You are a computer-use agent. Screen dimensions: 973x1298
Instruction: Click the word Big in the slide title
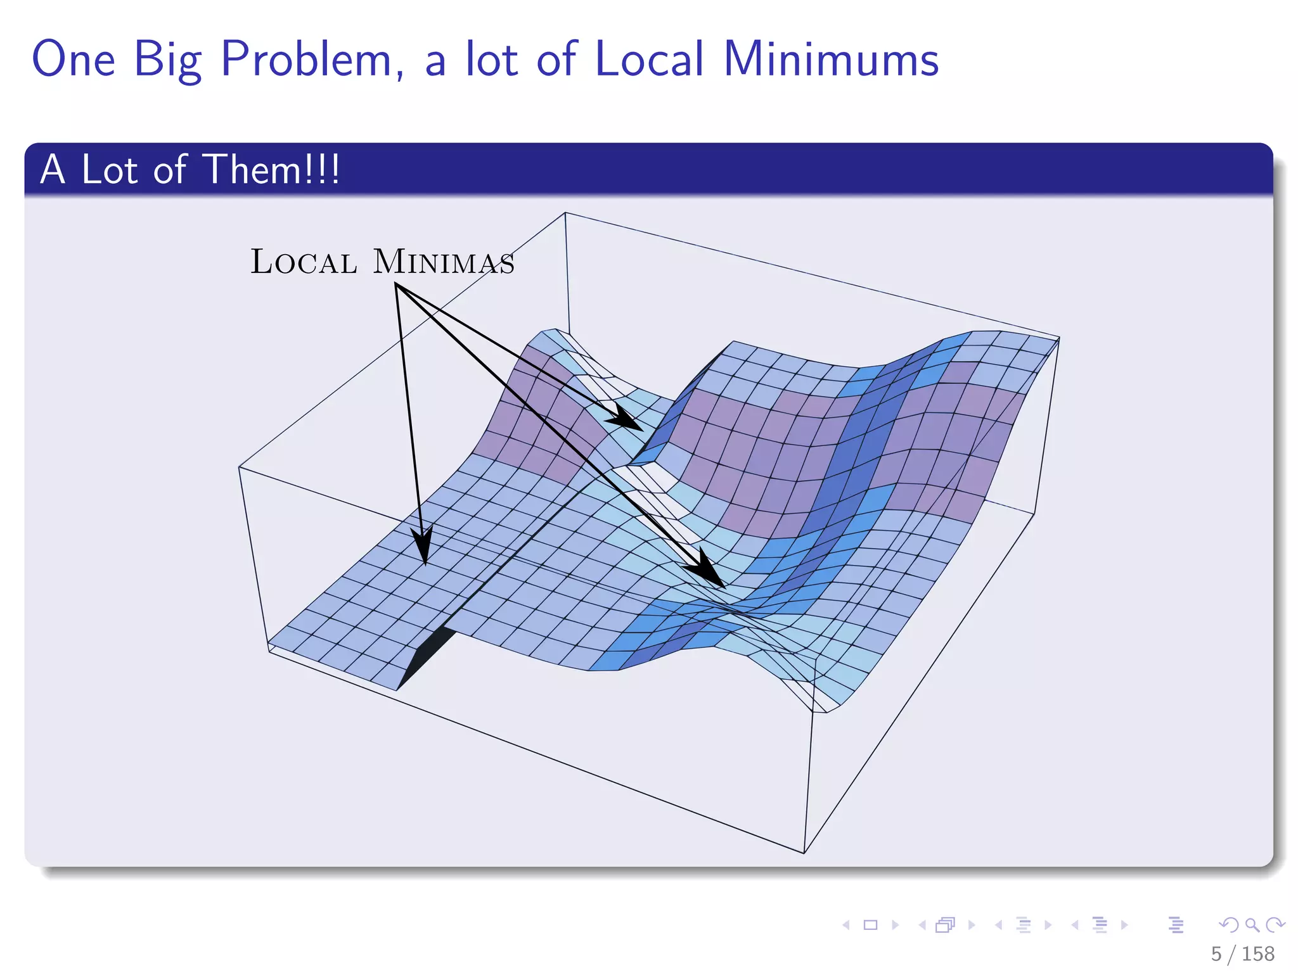168,60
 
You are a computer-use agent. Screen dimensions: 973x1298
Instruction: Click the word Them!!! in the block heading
273,170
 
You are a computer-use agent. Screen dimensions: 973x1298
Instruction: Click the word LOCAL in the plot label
304,262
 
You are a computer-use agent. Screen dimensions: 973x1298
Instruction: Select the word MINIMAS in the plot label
444,262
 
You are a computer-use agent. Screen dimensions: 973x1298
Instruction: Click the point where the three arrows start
396,284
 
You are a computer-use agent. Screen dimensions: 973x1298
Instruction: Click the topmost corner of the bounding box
565,213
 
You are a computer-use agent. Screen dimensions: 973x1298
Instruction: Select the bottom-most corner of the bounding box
804,853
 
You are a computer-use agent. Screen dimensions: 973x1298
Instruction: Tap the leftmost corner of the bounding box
239,467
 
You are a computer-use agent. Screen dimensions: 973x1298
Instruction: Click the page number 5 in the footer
1216,953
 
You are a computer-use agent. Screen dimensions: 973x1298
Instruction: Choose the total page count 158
1257,953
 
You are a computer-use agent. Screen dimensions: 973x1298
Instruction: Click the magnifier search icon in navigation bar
1252,925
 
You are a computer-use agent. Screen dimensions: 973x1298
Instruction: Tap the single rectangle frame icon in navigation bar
871,925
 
